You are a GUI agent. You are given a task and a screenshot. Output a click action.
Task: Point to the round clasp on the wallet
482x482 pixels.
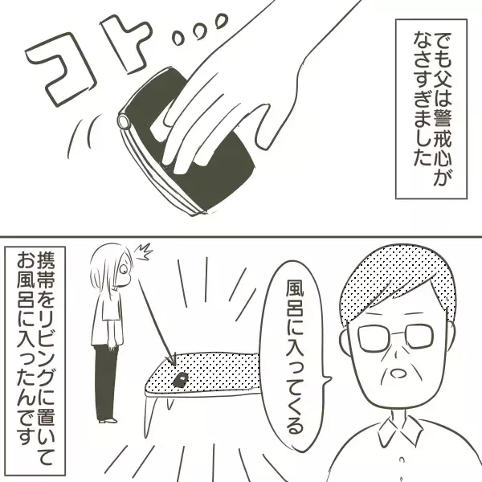tap(123, 121)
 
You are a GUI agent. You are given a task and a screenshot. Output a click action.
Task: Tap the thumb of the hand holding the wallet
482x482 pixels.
tap(181, 112)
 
